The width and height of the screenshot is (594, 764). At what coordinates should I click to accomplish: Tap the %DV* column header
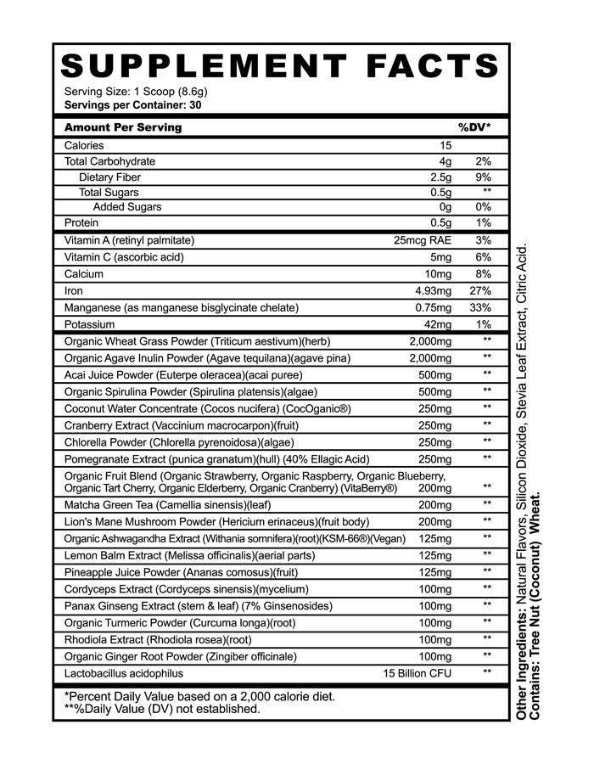pyautogui.click(x=474, y=127)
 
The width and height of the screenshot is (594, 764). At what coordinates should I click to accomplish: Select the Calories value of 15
pyautogui.click(x=445, y=145)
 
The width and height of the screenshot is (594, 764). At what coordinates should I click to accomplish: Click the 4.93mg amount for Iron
pyautogui.click(x=432, y=291)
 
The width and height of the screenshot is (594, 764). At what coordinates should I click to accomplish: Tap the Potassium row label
pyautogui.click(x=91, y=324)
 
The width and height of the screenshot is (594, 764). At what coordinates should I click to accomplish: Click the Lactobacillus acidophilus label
pyautogui.click(x=124, y=673)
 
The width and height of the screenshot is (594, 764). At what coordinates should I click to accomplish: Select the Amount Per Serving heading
pyautogui.click(x=123, y=127)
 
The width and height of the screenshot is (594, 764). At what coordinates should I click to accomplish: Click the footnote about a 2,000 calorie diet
pyautogui.click(x=199, y=696)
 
